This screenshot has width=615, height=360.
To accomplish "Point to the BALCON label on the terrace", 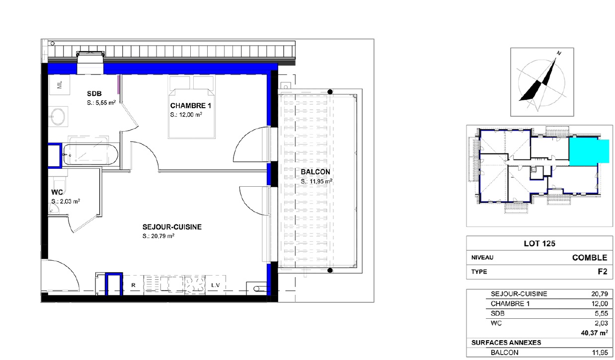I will point(315,172).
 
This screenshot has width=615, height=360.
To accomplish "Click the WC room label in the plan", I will point(57,193).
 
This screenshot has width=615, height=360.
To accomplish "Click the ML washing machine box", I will point(60,85).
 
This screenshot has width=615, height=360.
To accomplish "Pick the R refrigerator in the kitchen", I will point(133,286).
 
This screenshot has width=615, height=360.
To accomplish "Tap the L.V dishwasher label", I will point(215,286).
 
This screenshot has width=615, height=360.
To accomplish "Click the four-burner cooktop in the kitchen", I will point(195,285).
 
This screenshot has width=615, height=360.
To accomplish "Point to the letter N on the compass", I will point(559,53).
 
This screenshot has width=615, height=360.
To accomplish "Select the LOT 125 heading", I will point(539,244).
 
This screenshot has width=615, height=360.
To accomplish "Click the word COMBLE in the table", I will point(590,258).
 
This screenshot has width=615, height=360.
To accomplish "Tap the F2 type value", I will point(601,272).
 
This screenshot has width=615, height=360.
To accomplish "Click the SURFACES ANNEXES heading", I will point(506,343).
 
